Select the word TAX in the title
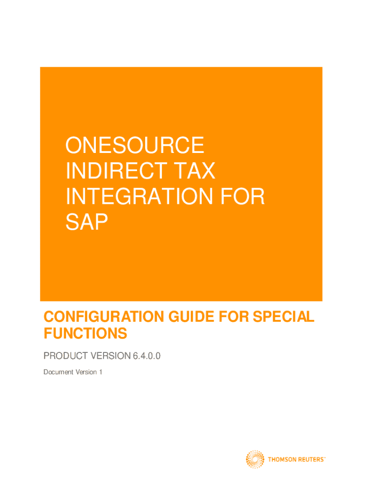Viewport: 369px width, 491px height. pos(195,171)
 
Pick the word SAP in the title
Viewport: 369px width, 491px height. pos(86,222)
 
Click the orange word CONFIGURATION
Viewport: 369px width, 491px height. pos(104,316)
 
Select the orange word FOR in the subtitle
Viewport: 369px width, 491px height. pos(233,316)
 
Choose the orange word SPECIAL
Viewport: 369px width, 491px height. pos(283,316)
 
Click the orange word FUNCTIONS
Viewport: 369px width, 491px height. pos(85,333)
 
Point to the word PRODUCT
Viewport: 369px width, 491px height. pos(65,356)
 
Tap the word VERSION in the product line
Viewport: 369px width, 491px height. pos(111,356)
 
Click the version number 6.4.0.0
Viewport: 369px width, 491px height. pos(147,356)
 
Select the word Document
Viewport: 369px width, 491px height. pos(58,372)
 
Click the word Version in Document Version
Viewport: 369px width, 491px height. pos(86,372)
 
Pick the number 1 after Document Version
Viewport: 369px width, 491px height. pos(101,372)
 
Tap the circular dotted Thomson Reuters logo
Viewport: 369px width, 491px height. pos(255,459)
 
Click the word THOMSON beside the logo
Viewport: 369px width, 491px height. pos(282,460)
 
